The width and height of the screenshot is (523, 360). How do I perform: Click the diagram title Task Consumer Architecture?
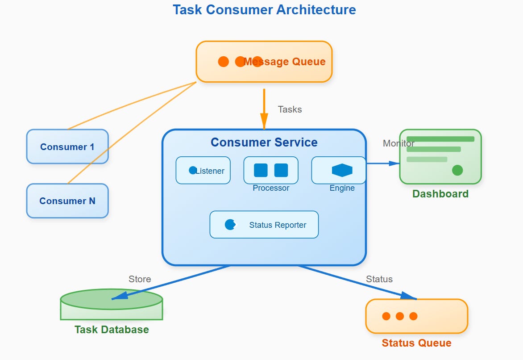pos(264,10)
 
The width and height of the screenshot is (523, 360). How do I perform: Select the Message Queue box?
pos(264,62)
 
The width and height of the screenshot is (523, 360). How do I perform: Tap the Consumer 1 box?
pos(67,147)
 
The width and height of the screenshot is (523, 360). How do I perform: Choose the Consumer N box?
pos(67,201)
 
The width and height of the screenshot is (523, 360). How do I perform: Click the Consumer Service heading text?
pos(264,142)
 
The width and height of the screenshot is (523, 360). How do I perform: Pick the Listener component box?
pos(203,170)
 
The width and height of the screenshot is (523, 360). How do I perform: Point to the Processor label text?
pos(271,188)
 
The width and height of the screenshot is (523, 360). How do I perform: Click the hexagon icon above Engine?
pos(342,170)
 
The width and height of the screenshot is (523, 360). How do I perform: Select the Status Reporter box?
pos(264,225)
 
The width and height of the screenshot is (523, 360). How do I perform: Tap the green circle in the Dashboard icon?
pos(457,170)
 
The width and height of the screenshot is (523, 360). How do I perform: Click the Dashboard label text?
pos(440,194)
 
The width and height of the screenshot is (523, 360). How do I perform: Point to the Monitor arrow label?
pos(398,143)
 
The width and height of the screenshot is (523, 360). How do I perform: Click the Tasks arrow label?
pos(290,109)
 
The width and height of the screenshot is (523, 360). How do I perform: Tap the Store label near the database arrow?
pos(140,279)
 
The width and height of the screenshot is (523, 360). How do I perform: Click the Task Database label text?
pos(112,330)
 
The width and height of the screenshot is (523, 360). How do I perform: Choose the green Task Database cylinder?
pos(112,306)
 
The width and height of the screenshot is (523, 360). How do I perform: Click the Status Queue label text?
pos(416,343)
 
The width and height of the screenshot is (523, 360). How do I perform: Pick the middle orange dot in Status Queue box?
pos(400,316)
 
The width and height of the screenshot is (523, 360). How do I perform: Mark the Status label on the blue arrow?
pos(379,279)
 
